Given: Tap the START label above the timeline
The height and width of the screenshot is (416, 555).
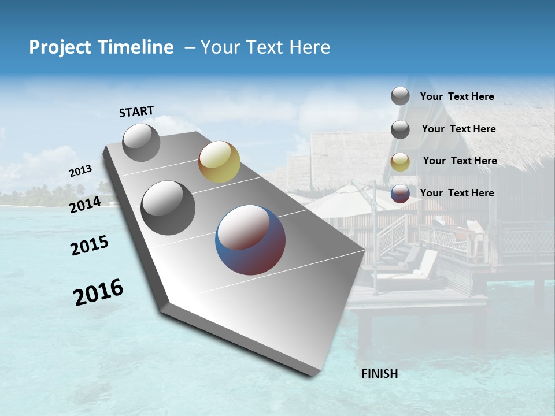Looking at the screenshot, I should click(x=136, y=112).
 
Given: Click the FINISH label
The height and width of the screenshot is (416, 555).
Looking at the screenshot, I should click(x=379, y=374).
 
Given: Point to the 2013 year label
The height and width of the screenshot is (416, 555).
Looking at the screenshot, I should click(x=80, y=171).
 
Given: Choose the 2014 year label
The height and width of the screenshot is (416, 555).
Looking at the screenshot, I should click(x=86, y=205).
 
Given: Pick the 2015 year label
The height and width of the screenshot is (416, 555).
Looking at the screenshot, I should click(x=90, y=246).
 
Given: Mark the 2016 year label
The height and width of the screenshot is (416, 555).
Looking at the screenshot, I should click(x=98, y=292).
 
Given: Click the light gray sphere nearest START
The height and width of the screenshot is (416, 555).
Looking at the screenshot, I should click(x=141, y=142).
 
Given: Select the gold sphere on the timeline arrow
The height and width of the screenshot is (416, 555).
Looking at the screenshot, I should click(x=219, y=162).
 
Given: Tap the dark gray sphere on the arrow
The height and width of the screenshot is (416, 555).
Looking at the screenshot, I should click(x=168, y=208).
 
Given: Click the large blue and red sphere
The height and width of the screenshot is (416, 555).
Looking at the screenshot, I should click(x=250, y=239).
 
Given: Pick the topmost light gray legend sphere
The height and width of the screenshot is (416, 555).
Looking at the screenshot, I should click(x=400, y=96).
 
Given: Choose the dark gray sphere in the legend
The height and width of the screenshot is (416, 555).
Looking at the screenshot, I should click(x=400, y=129).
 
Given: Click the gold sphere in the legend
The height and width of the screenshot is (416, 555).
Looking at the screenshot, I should click(x=400, y=162).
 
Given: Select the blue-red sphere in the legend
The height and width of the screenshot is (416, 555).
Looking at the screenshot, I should click(x=400, y=194).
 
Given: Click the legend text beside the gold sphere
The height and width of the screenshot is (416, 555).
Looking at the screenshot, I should click(x=460, y=161).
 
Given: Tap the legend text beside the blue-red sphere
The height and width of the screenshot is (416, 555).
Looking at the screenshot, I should click(x=457, y=193).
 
